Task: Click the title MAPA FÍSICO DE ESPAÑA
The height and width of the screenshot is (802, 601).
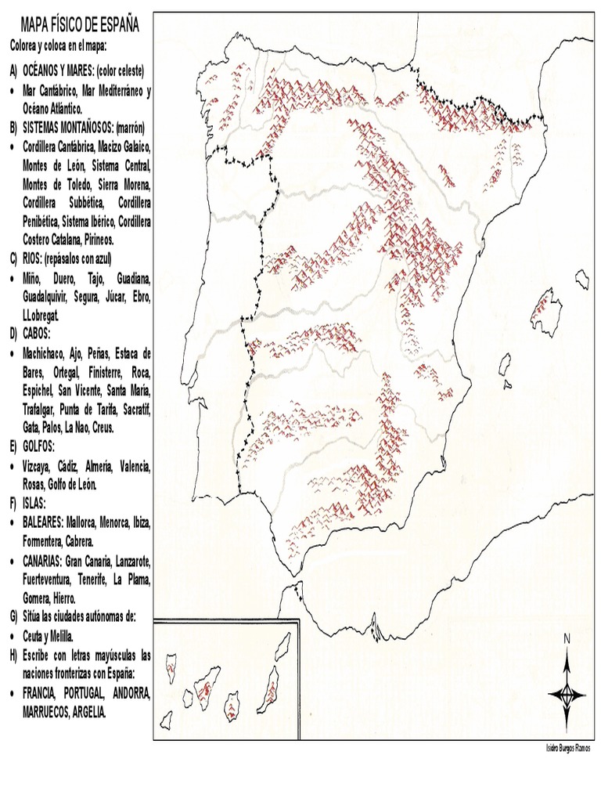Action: [x=79, y=26]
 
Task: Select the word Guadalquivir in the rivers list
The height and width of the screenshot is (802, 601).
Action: [x=46, y=297]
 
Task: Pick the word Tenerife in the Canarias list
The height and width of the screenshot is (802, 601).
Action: [x=94, y=580]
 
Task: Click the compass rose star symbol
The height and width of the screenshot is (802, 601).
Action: [x=567, y=693]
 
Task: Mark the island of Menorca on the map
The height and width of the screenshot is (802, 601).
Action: [x=581, y=279]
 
